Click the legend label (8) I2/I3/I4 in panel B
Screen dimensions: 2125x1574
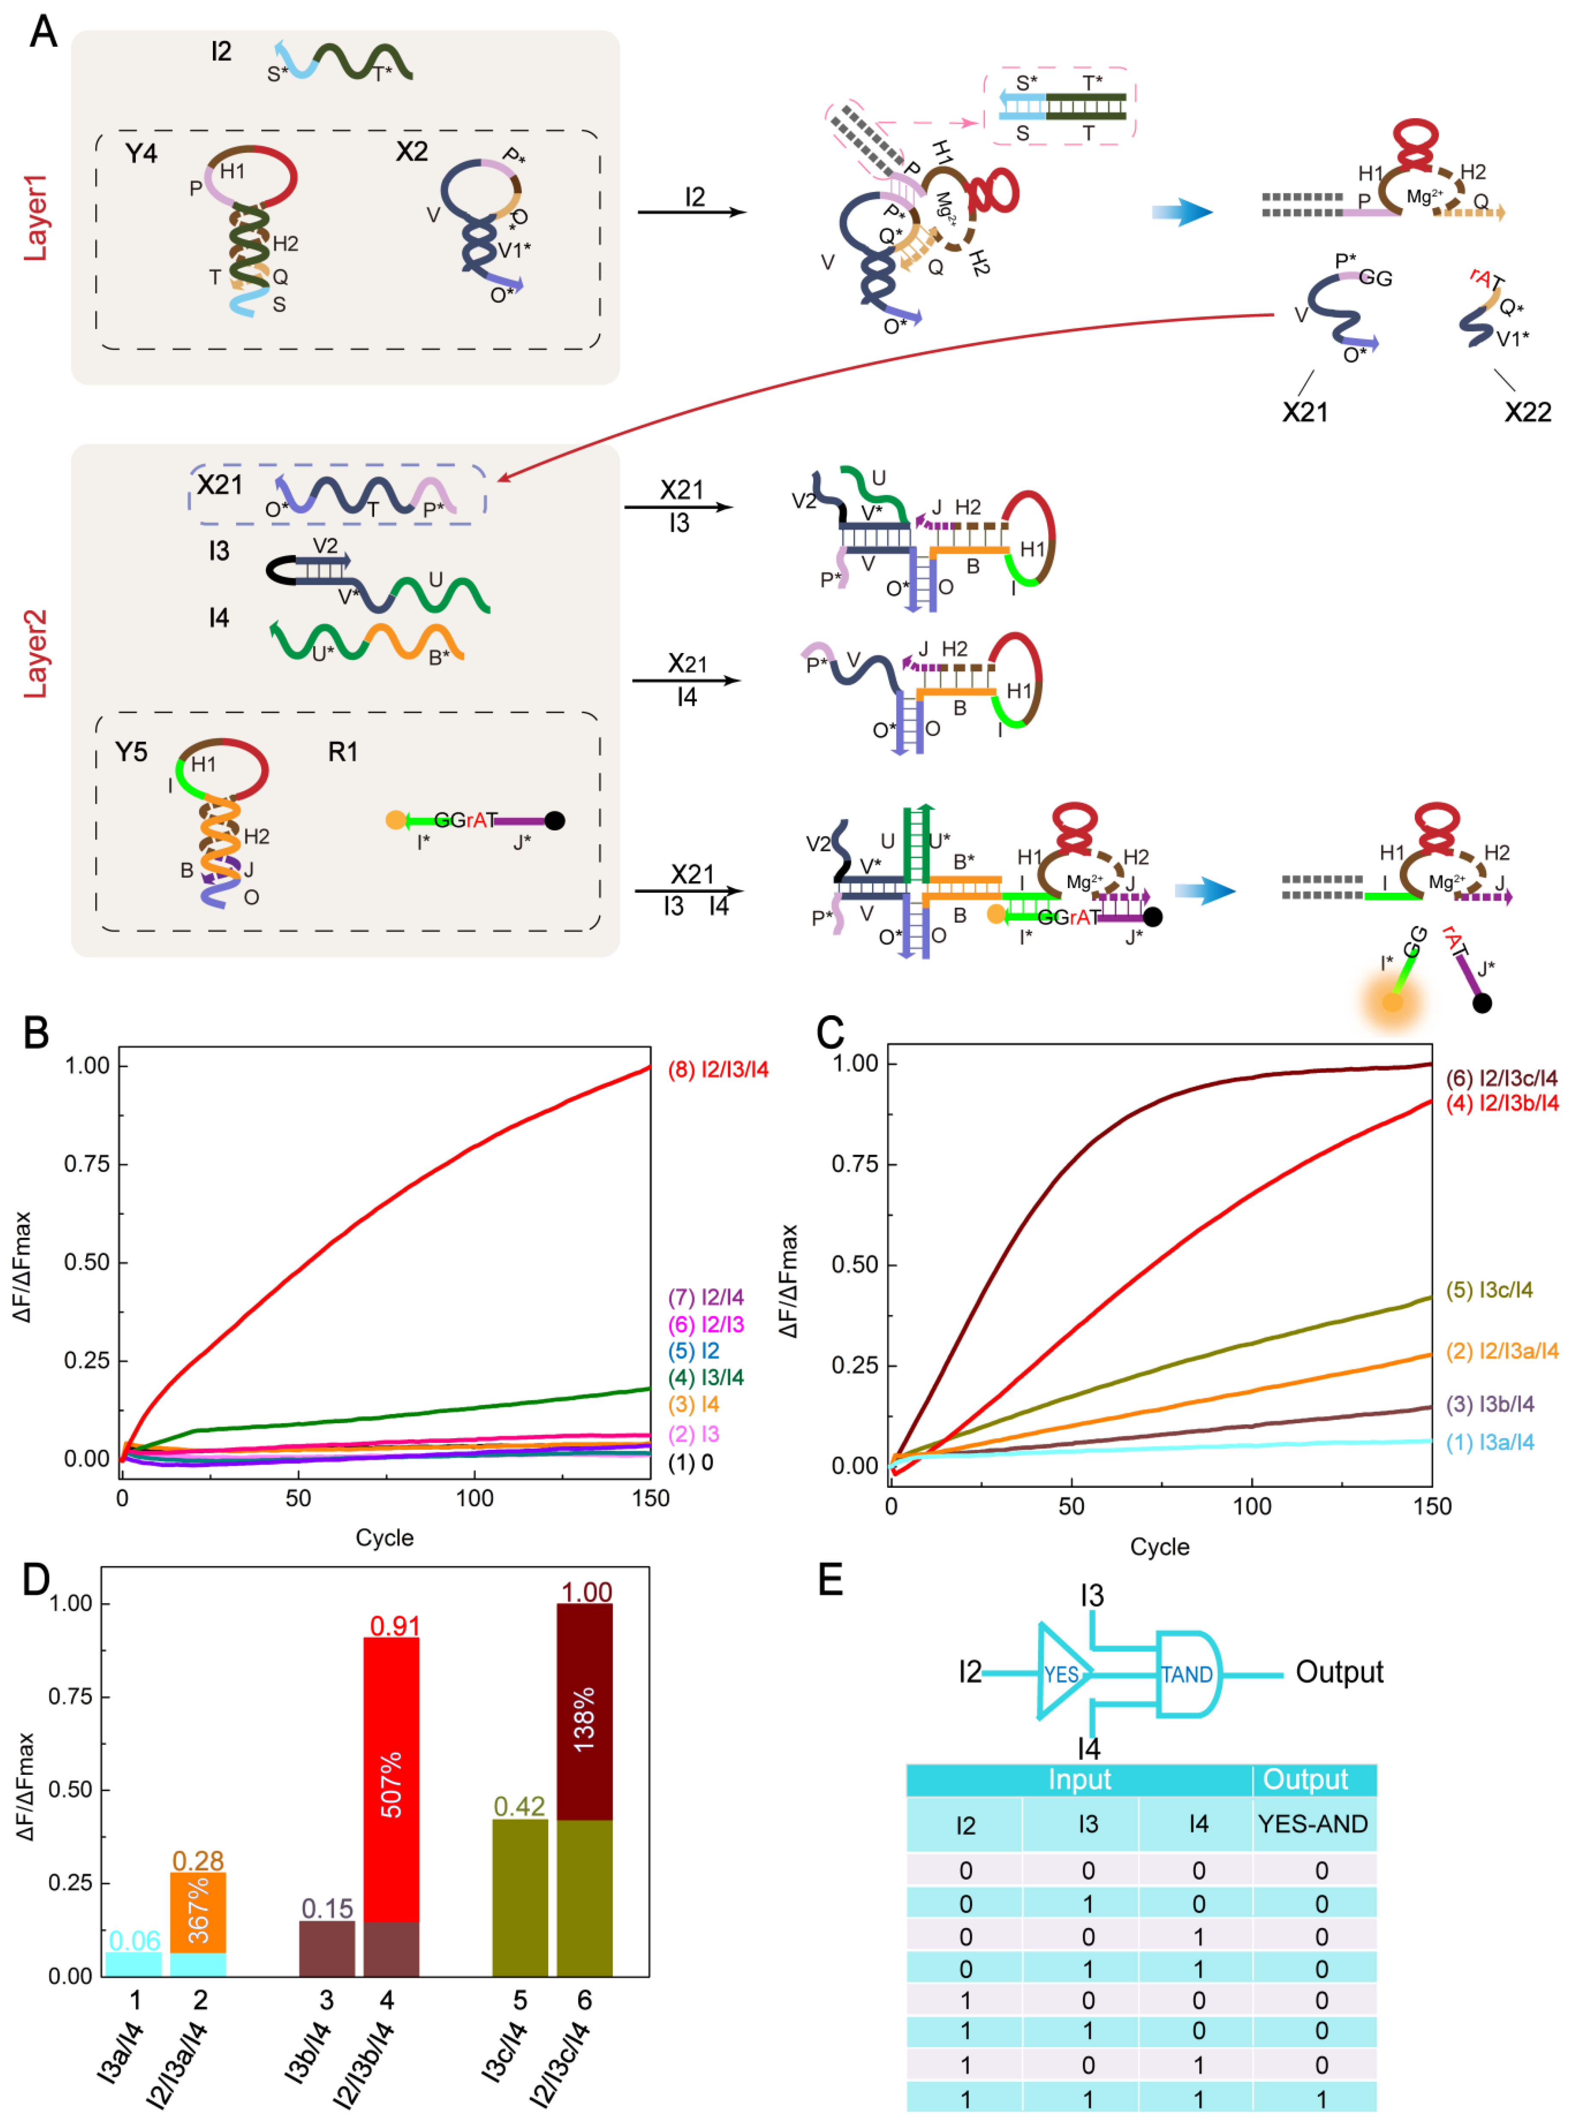coord(717,1070)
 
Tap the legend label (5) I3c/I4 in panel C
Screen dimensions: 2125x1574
coord(1489,1290)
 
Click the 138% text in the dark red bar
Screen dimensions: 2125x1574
coord(584,1719)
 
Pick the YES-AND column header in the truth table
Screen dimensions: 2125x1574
coord(1313,1824)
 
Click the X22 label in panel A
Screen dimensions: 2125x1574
coord(1527,412)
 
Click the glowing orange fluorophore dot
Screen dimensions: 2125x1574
coord(1392,1002)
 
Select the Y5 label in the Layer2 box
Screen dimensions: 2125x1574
coord(131,752)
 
